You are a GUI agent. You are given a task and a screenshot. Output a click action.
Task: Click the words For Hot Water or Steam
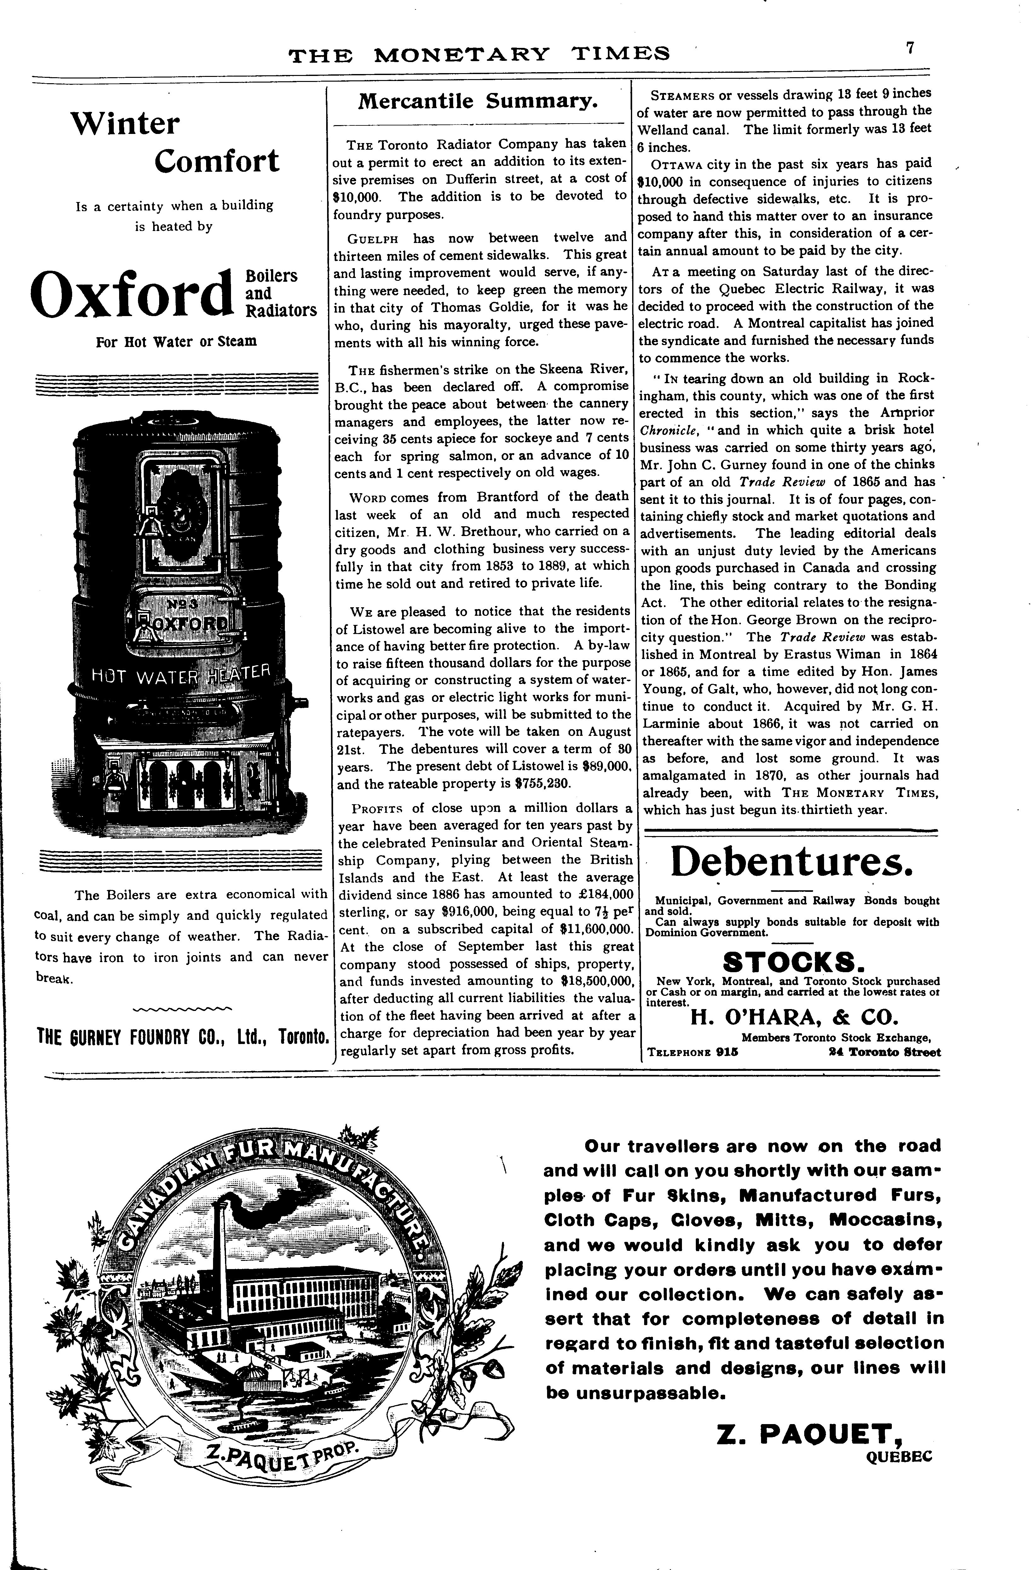click(176, 342)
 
